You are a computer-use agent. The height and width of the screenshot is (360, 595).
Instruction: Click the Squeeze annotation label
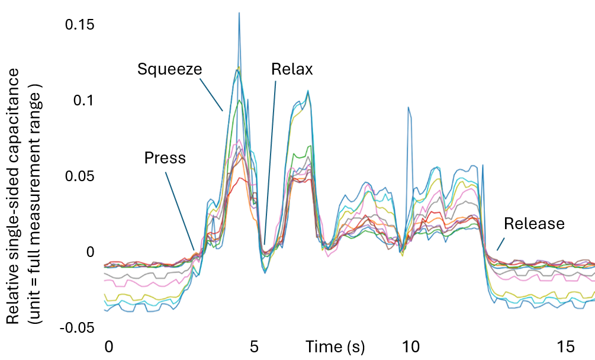169,69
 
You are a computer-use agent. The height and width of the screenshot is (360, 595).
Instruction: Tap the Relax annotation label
292,69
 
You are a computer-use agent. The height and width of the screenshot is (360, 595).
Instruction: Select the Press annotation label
165,158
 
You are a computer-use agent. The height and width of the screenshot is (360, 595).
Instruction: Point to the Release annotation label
534,224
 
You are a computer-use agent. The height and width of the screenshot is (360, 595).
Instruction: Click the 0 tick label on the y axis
90,252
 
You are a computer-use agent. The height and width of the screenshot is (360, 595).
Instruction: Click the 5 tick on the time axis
254,346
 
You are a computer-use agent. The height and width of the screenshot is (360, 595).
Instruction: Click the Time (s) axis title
335,346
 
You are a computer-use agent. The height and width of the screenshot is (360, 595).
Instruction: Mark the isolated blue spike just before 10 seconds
409,110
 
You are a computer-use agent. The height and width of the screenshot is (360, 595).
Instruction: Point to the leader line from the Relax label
270,160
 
